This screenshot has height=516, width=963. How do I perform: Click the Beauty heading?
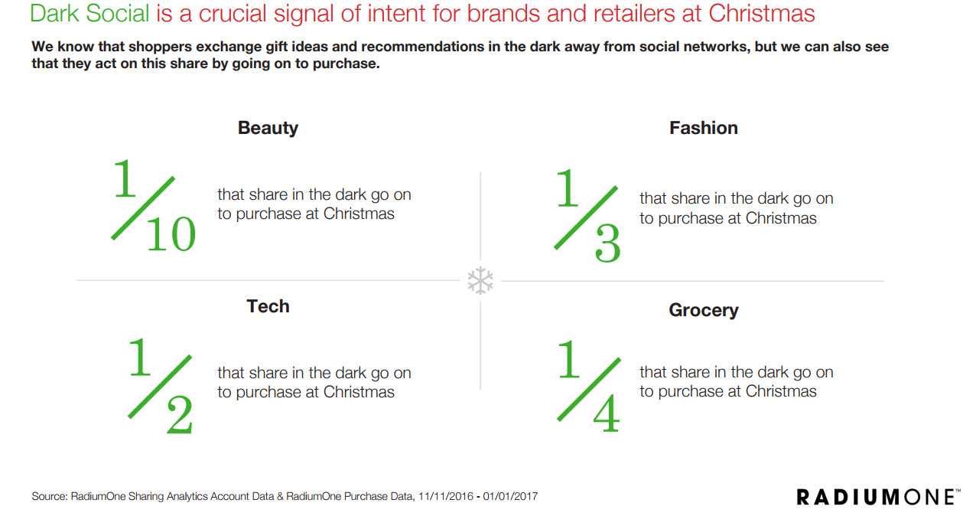tap(268, 129)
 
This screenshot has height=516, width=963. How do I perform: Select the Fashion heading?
tap(704, 128)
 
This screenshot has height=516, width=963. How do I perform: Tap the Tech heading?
tap(268, 306)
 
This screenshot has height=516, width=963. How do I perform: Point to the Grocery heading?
tap(704, 310)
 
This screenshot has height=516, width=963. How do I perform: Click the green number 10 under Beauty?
tap(171, 234)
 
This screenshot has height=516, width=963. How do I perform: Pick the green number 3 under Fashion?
tap(607, 243)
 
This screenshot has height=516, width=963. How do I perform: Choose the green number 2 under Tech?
tap(179, 414)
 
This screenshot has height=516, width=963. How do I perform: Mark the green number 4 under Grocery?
tap(606, 413)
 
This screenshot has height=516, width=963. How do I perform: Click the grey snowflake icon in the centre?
tap(480, 281)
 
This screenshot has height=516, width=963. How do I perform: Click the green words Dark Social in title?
tap(89, 13)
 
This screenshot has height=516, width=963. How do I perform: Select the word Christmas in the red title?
tap(761, 13)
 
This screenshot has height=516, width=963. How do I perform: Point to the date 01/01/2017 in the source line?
tap(510, 496)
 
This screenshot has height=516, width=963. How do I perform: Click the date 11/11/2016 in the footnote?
tap(446, 496)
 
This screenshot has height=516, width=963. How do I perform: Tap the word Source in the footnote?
tap(50, 496)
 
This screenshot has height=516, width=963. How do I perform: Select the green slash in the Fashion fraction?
tap(586, 217)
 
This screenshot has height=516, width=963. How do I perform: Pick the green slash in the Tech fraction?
tap(160, 387)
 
